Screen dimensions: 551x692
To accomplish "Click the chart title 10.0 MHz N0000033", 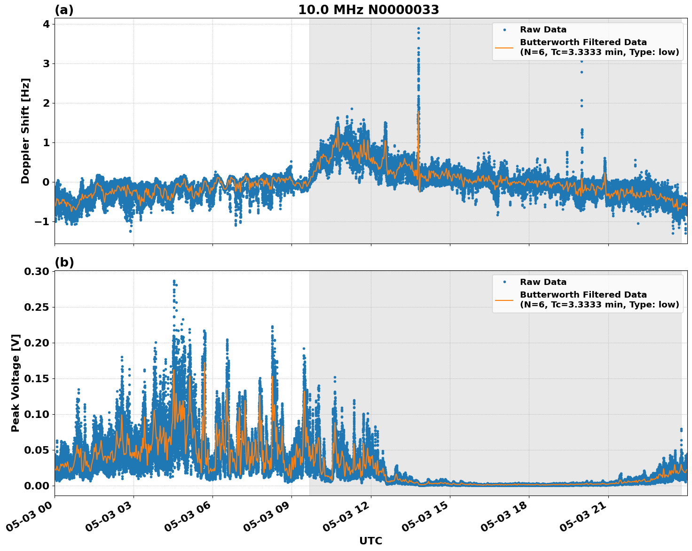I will [x=368, y=10].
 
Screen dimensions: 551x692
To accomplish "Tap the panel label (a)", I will [x=64, y=10].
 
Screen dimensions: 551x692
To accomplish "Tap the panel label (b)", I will [x=64, y=262].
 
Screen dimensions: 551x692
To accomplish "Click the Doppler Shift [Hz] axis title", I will [x=25, y=131].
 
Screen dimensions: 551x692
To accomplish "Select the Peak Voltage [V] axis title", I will [x=16, y=383].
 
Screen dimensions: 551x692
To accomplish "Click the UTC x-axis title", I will [x=370, y=541].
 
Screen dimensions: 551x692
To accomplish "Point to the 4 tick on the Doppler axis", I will [x=46, y=24].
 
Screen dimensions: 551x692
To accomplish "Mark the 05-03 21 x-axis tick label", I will [x=583, y=520].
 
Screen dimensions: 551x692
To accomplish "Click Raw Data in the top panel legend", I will [x=543, y=30].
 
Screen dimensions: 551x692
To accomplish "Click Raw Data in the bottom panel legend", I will [x=543, y=282].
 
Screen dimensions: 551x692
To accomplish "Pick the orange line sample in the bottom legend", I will [x=504, y=299].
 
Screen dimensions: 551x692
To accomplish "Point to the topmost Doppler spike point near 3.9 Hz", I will [x=418, y=28].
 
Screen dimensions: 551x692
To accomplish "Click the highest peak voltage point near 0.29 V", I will [x=174, y=281].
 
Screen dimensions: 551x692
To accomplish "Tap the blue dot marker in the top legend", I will [x=504, y=30].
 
